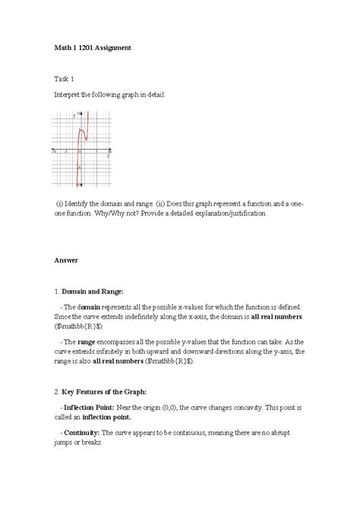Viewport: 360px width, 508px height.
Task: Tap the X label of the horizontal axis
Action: tap(108, 156)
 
